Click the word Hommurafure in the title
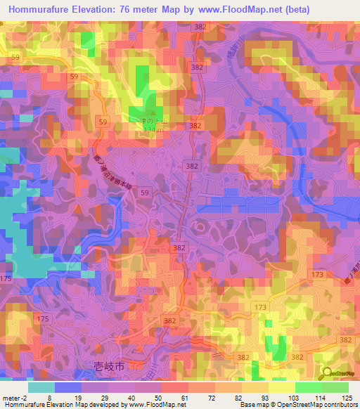(44, 9)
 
